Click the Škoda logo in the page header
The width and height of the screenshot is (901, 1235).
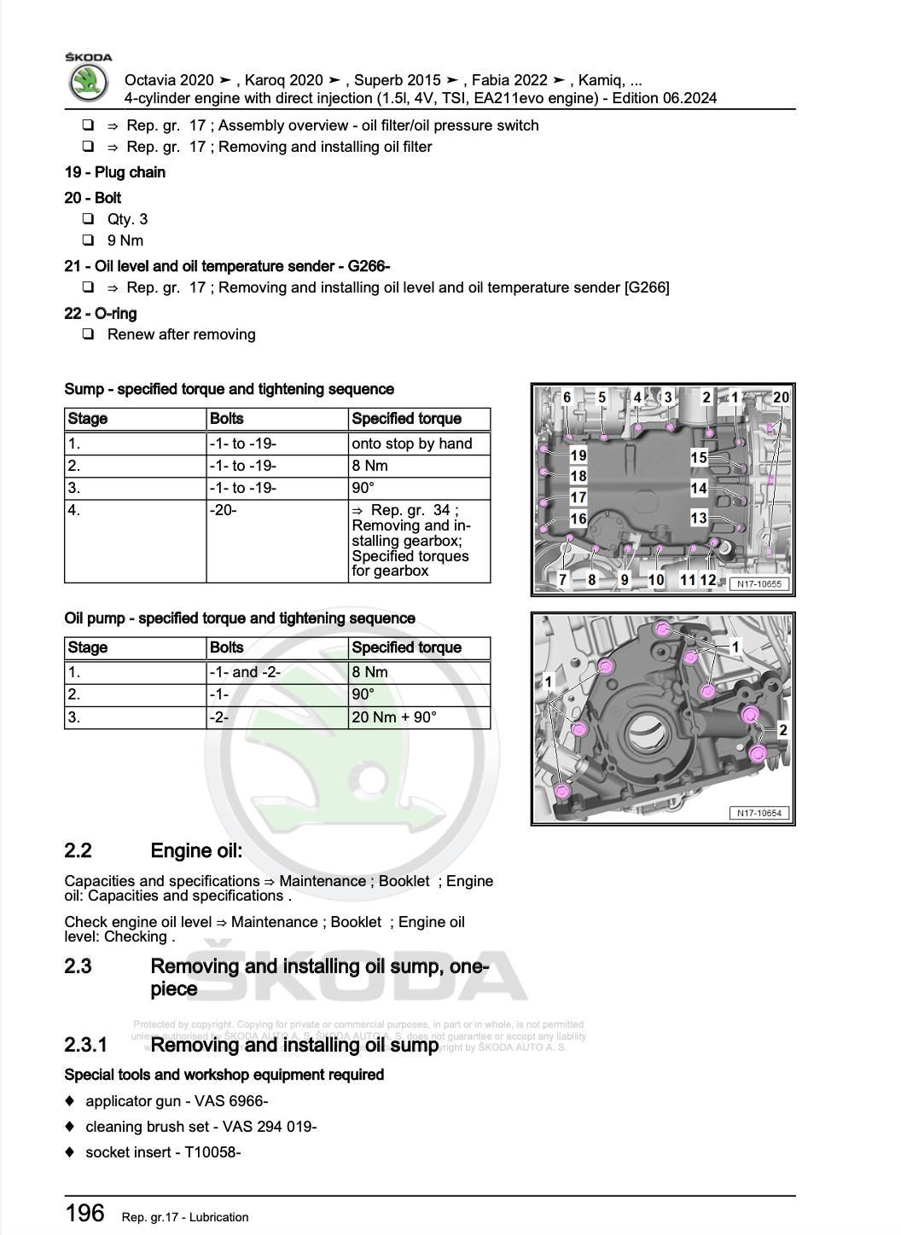[88, 83]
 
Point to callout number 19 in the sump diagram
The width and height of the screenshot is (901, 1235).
[578, 456]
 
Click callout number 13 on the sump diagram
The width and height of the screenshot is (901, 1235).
[699, 518]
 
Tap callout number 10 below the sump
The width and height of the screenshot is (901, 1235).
[655, 580]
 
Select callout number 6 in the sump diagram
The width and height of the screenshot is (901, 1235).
[567, 397]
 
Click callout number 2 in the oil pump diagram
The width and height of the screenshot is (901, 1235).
[782, 730]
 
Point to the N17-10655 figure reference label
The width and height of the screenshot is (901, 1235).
[759, 584]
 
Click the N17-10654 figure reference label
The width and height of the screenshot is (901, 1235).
[759, 813]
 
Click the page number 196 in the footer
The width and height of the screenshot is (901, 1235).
[85, 1213]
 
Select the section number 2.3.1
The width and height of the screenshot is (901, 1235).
[86, 1045]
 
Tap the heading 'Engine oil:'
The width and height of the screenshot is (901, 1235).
[196, 850]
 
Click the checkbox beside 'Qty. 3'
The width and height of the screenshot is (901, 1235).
[88, 219]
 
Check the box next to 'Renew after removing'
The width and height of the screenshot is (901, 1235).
[88, 334]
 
